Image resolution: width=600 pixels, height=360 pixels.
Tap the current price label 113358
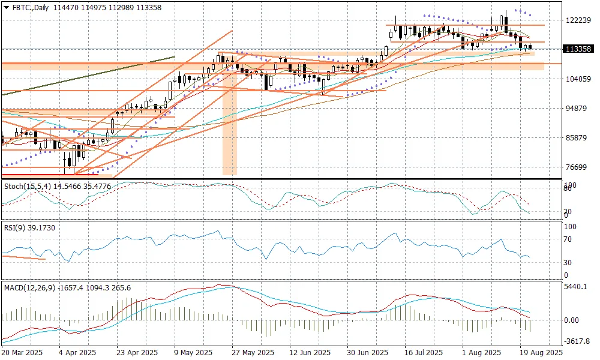tap(578, 49)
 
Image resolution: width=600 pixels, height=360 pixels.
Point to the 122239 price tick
tap(578, 20)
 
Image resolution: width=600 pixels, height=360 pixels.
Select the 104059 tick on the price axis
tap(578, 79)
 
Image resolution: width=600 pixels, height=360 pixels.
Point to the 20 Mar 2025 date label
tap(23, 353)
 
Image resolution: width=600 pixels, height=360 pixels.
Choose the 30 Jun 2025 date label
tap(362, 353)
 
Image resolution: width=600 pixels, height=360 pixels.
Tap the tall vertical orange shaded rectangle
tap(230, 132)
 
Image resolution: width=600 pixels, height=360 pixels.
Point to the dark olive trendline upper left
tap(90, 75)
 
